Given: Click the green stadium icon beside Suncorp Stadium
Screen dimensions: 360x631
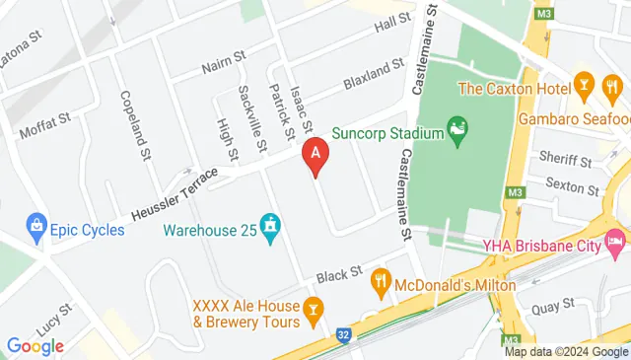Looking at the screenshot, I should (x=456, y=129).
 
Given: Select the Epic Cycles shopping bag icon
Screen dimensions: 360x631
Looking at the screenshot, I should (x=36, y=228).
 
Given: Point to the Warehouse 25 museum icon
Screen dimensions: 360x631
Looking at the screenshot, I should (x=270, y=229).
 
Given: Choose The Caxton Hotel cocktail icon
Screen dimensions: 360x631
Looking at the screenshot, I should (x=585, y=86).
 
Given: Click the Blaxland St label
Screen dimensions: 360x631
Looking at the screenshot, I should (x=374, y=75).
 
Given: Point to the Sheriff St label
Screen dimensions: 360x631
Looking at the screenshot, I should (x=564, y=158).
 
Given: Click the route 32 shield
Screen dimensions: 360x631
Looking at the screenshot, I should (x=342, y=335).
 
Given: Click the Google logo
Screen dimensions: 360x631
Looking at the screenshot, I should (x=35, y=345).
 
